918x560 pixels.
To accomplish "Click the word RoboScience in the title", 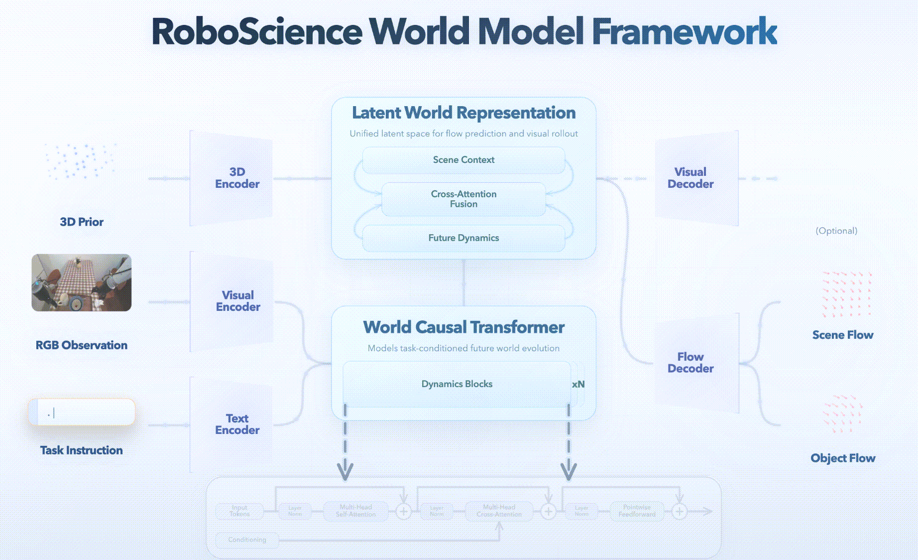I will [x=256, y=31].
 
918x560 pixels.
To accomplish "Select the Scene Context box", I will [x=463, y=160].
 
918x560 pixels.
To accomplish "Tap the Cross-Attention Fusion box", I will [x=463, y=199].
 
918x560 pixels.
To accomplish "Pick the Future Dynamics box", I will [x=463, y=238].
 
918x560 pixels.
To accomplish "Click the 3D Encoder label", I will [x=237, y=178].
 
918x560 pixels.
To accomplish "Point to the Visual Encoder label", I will [x=238, y=301].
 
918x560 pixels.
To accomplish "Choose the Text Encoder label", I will [x=237, y=424].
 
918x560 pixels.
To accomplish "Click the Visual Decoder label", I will [x=690, y=178].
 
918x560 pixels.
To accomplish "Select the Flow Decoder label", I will [x=690, y=363].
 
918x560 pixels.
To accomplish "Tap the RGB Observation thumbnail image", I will [x=82, y=282].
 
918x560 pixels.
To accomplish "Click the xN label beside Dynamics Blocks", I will [x=578, y=384].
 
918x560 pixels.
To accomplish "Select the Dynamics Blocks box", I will [x=457, y=384].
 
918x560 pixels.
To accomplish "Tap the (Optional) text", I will [x=836, y=231].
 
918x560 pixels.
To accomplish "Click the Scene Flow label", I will [x=842, y=335].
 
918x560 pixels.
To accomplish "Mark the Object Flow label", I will [x=842, y=458].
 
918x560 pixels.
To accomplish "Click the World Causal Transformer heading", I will [x=463, y=327].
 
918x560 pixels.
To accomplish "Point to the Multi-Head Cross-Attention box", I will [x=499, y=511].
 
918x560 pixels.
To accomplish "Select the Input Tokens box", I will [x=239, y=511].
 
